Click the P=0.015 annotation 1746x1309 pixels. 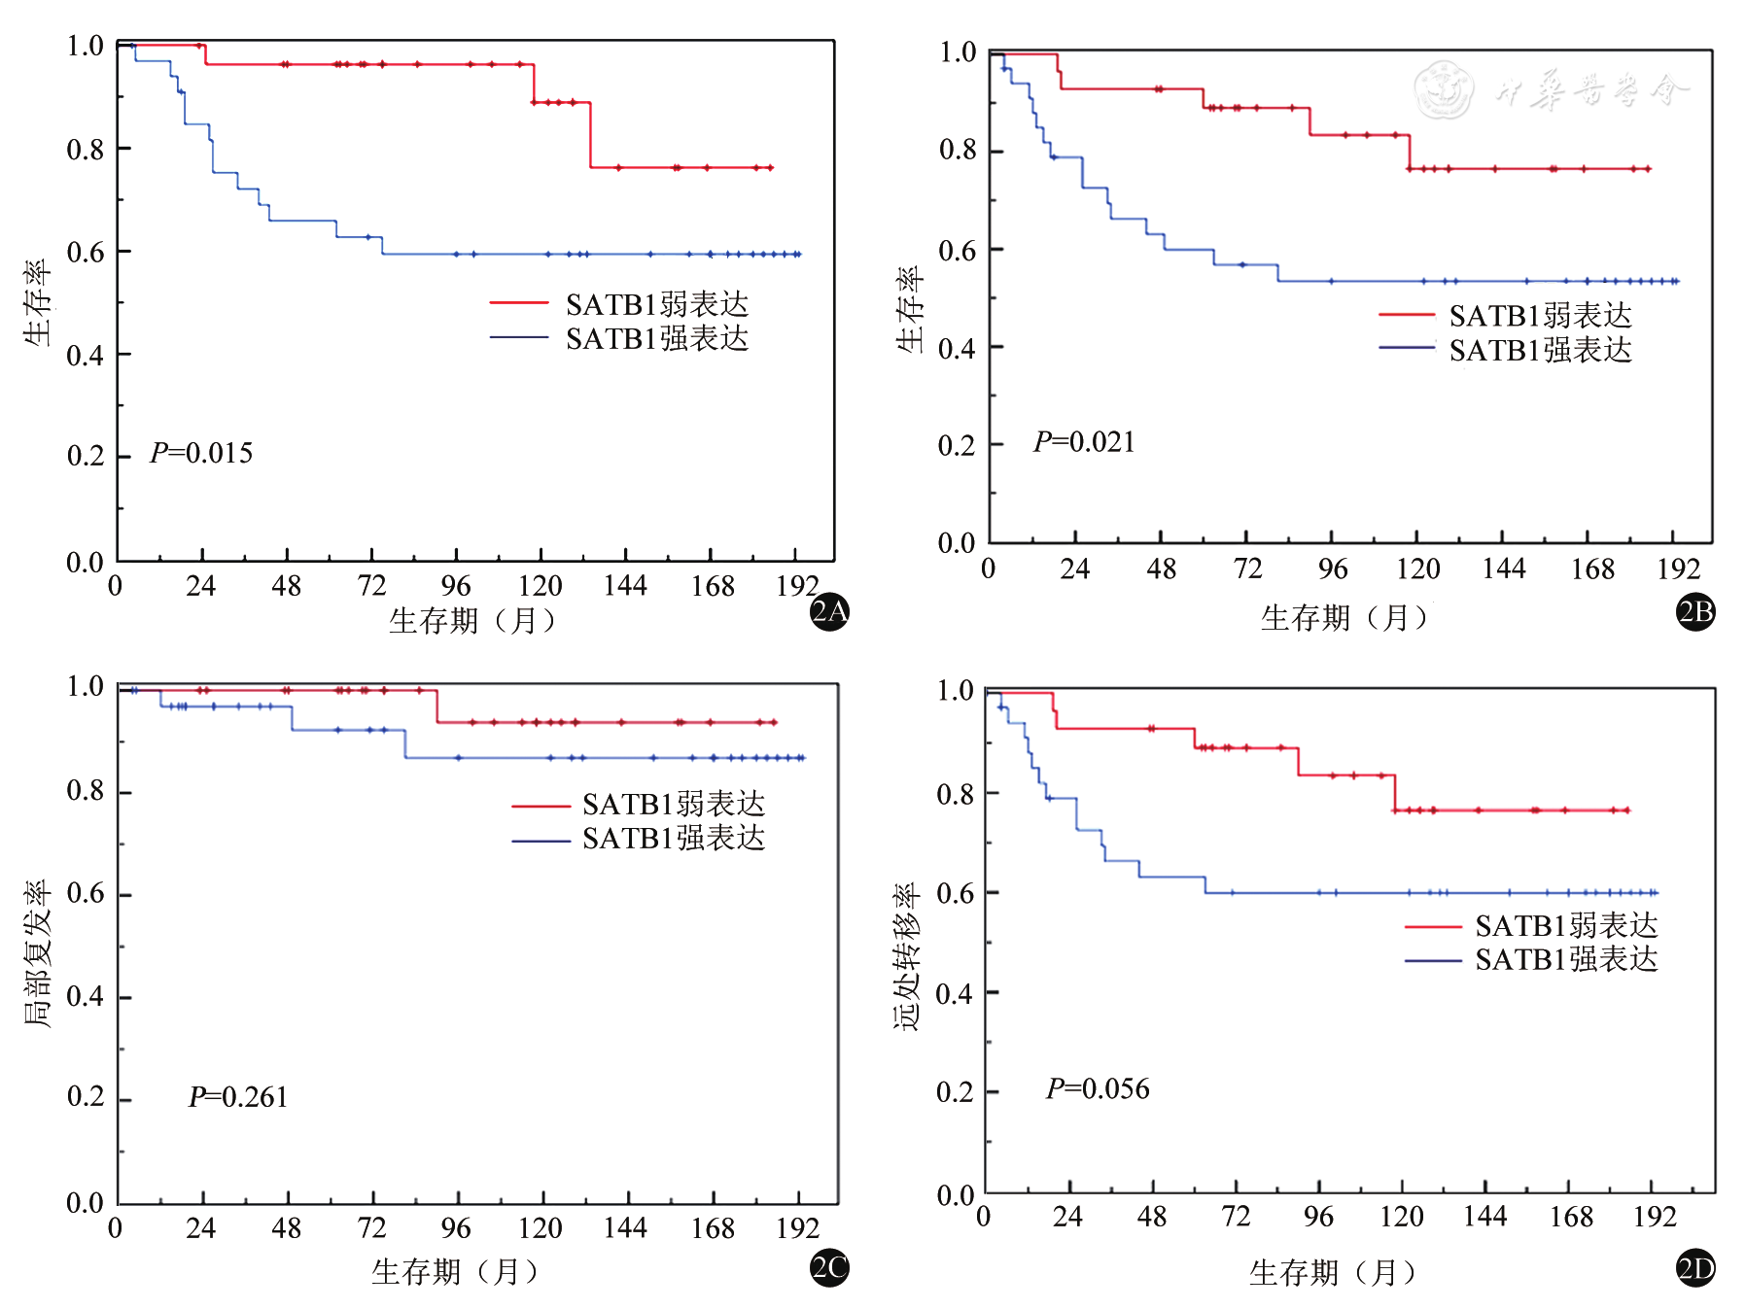point(201,453)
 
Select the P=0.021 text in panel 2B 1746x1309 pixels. point(1084,442)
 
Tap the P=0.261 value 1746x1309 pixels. point(238,1097)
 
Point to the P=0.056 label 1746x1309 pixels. point(1098,1088)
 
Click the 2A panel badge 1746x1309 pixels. point(829,611)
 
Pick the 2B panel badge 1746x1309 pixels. point(1695,611)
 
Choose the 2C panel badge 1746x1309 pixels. point(829,1267)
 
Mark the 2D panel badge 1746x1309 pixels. point(1695,1268)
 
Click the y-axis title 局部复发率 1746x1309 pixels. point(37,953)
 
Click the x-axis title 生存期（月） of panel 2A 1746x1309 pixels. point(472,620)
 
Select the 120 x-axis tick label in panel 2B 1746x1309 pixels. point(1417,568)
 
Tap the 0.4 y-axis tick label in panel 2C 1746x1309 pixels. point(85,996)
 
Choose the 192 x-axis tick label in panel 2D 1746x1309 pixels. point(1655,1216)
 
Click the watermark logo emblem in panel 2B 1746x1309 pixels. point(1444,89)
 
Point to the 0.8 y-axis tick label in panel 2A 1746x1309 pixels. point(85,150)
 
